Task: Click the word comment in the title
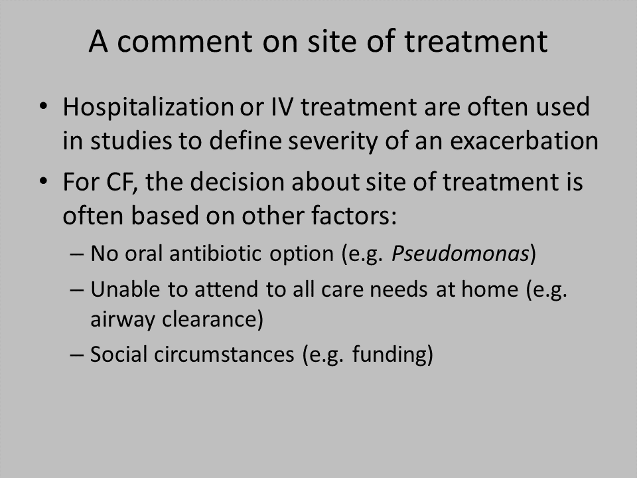(185, 41)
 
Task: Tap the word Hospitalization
(148, 108)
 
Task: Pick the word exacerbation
(524, 141)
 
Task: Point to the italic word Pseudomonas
(460, 253)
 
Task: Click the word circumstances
(224, 354)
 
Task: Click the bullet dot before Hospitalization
(44, 106)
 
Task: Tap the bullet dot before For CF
(44, 181)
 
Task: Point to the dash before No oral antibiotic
(77, 255)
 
